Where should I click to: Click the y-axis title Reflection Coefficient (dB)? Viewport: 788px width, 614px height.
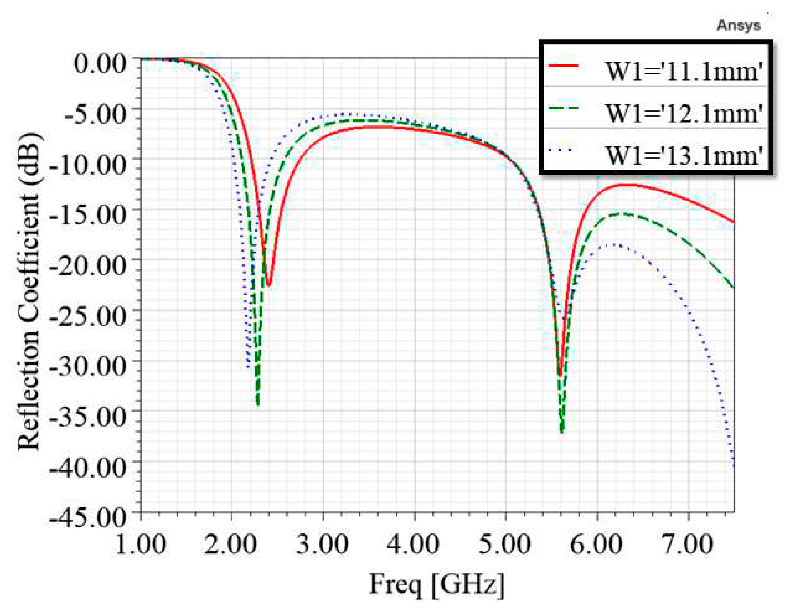pyautogui.click(x=29, y=290)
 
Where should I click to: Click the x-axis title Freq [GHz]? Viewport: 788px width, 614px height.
pyautogui.click(x=436, y=585)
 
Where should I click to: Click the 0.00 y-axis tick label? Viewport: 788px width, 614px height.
pyautogui.click(x=100, y=63)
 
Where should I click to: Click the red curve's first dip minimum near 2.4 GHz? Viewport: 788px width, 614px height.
pyautogui.click(x=269, y=285)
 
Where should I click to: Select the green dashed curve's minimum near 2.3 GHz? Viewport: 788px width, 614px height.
pyautogui.click(x=257, y=404)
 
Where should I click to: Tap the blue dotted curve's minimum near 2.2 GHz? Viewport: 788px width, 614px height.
pyautogui.click(x=248, y=366)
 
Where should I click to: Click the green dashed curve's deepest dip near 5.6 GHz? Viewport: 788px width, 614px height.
pyautogui.click(x=561, y=432)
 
